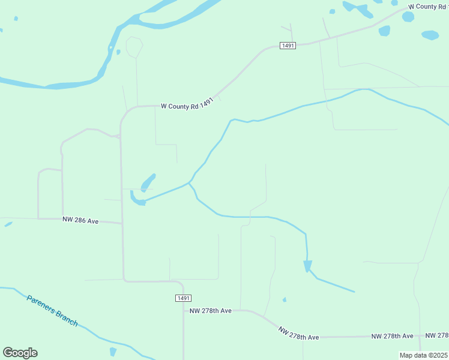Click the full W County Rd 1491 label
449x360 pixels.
(187, 106)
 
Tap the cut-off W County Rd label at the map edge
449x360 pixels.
(428, 6)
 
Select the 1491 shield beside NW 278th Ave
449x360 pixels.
(184, 298)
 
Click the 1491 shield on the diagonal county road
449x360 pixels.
(288, 46)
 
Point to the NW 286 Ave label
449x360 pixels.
(80, 221)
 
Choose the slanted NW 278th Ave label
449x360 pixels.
(298, 334)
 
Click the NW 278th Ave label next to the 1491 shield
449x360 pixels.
(210, 311)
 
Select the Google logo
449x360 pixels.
(20, 353)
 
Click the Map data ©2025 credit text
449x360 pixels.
(423, 355)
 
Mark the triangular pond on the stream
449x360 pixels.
(308, 265)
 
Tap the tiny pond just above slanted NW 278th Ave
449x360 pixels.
(285, 299)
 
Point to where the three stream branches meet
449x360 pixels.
(190, 182)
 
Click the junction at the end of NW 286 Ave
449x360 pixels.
(122, 224)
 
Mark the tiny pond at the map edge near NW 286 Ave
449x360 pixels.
(8, 224)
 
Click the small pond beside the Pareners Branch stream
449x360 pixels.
(113, 351)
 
